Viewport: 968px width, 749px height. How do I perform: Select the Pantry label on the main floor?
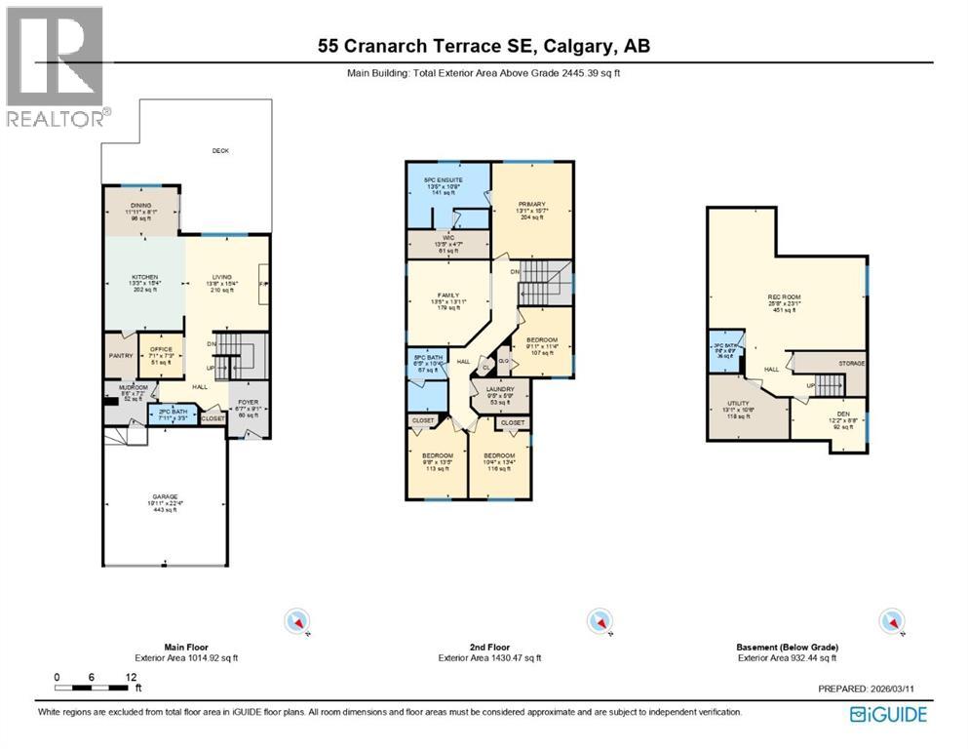pyautogui.click(x=121, y=356)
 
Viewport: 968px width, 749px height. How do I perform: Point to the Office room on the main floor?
pyautogui.click(x=160, y=348)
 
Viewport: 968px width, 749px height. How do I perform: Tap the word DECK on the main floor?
pyautogui.click(x=222, y=150)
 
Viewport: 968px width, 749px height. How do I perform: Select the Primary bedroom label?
pyautogui.click(x=530, y=204)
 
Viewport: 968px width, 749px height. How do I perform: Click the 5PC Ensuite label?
pyautogui.click(x=446, y=180)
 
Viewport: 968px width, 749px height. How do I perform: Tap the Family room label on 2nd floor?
pyautogui.click(x=447, y=295)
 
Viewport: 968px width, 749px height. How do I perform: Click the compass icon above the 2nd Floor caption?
pyautogui.click(x=597, y=620)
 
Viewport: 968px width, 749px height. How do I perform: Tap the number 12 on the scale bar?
pyautogui.click(x=131, y=677)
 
